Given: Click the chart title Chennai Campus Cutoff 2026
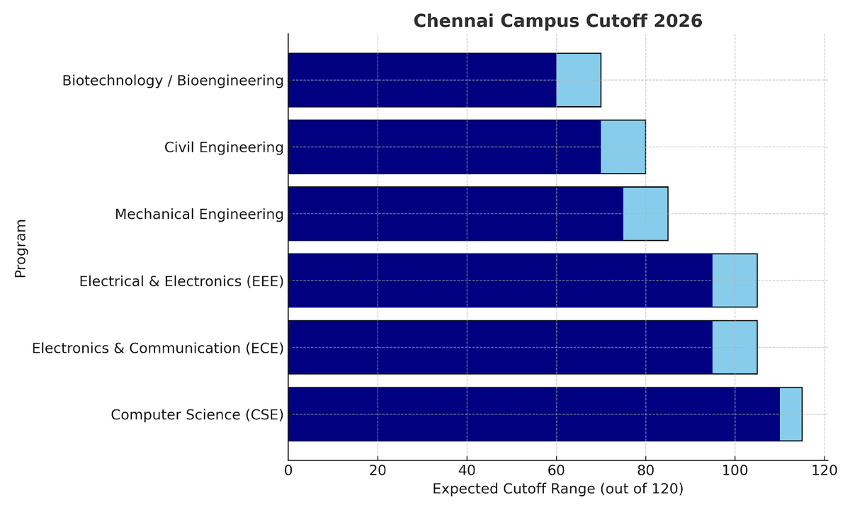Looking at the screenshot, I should (x=557, y=21).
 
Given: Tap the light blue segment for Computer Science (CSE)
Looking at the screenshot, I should (x=790, y=414).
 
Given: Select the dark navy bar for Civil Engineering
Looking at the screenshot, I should (x=444, y=147).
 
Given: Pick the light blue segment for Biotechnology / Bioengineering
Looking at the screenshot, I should (x=578, y=80).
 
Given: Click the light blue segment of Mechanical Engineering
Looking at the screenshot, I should (x=645, y=214).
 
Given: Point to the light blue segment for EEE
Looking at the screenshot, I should (x=735, y=280).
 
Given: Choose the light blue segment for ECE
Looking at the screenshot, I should (x=735, y=347).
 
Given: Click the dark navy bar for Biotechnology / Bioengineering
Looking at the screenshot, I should (x=422, y=80).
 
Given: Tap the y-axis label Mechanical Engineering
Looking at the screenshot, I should (x=199, y=214).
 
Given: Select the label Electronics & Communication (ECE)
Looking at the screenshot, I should (x=158, y=348).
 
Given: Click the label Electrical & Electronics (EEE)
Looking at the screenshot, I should (x=181, y=281).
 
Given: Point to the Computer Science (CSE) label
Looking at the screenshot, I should (x=197, y=414).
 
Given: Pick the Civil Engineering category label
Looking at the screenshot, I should (x=224, y=147).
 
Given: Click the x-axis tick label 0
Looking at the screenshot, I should (x=288, y=470).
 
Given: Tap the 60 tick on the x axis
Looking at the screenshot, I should (x=556, y=470).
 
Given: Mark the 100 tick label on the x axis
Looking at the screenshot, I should (x=735, y=470).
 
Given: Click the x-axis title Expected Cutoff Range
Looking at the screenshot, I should (x=557, y=489).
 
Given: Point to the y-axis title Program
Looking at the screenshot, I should (x=20, y=248).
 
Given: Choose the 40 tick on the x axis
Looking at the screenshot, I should (x=467, y=470).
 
